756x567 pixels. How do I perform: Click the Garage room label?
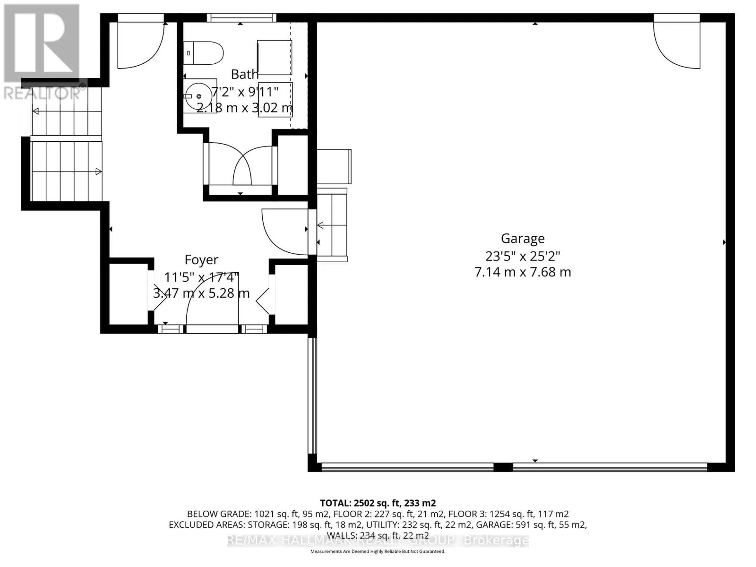coord(523,239)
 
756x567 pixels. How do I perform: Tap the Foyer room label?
coord(201,260)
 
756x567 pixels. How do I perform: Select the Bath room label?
coord(245,74)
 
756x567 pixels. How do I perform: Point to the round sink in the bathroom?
coord(198,96)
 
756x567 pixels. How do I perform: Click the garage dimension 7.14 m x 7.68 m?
coord(523,272)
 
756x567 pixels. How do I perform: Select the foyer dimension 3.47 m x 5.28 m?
coord(201,293)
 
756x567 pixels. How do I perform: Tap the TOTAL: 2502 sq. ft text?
coord(378,503)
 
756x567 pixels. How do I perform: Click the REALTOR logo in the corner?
coord(42,52)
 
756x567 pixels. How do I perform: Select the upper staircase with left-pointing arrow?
coord(66,112)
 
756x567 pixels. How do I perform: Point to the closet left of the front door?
coord(128,293)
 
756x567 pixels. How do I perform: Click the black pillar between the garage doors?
coord(503,467)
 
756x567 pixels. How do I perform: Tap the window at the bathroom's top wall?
coord(241,18)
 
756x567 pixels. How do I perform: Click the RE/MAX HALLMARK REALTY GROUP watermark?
coord(378,540)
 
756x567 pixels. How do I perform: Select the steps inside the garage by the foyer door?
coord(333,225)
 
